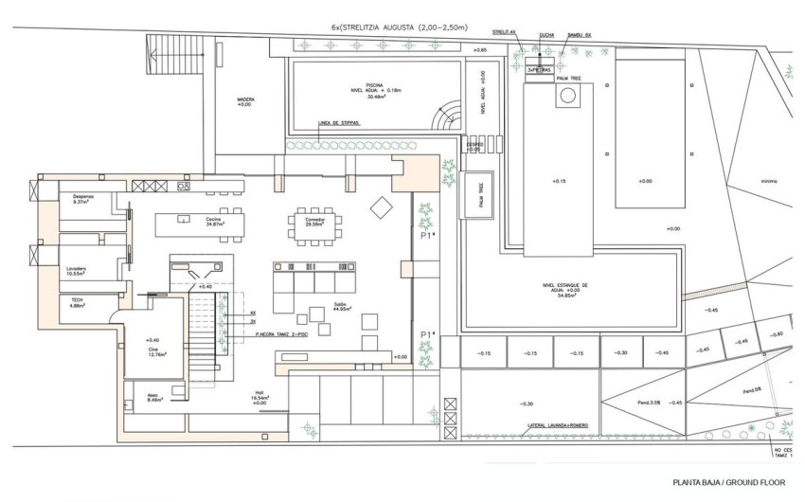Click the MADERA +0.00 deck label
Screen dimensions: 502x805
click(244, 102)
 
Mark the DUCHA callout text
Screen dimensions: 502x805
click(546, 35)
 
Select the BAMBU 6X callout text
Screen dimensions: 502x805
click(579, 35)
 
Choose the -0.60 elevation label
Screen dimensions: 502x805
click(777, 334)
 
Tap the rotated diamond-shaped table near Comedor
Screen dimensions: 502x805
click(381, 206)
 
